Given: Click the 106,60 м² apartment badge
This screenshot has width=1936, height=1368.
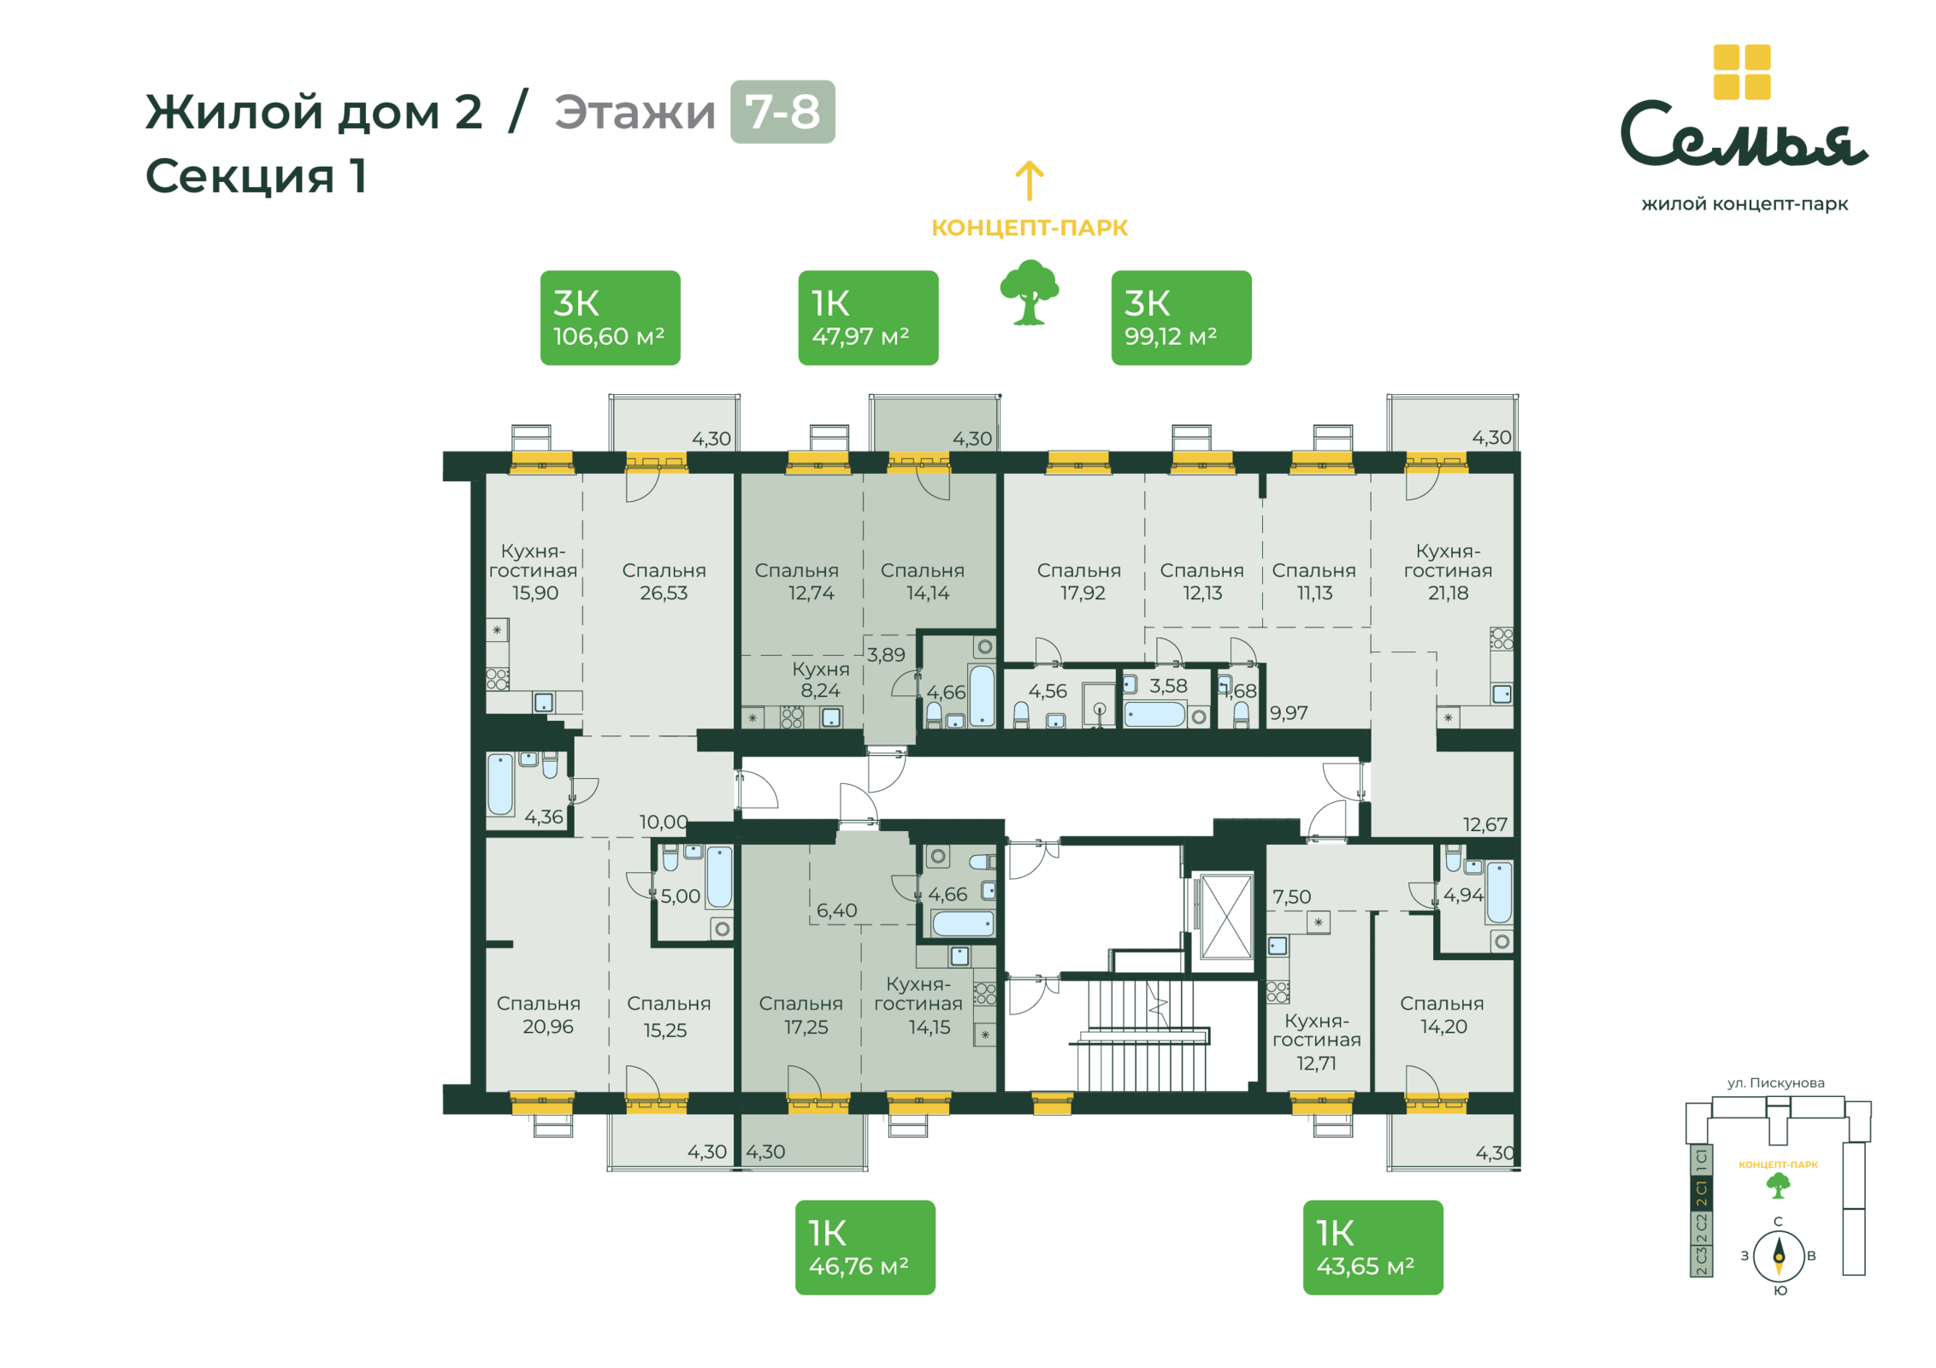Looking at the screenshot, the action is (610, 318).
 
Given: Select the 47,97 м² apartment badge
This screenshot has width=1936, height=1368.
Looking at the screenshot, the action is (868, 318).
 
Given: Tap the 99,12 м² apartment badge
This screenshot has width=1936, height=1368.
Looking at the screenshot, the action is (1181, 318).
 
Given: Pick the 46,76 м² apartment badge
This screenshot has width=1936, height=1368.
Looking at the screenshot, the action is (865, 1247).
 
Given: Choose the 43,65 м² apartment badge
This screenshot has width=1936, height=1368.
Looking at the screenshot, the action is (1372, 1247).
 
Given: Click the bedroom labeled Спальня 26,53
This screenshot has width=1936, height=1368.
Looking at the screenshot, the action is (664, 581).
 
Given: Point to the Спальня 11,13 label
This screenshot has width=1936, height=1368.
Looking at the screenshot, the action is (1313, 581).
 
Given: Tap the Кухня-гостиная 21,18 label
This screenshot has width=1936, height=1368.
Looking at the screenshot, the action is (1448, 571).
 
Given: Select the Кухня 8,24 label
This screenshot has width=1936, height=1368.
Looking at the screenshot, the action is (820, 679).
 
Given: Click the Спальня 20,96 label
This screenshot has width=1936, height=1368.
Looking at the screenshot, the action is (539, 1015).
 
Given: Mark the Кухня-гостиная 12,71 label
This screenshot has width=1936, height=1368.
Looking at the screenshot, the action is (1316, 1042).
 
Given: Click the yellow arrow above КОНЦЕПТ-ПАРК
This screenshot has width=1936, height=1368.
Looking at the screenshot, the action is (1030, 180).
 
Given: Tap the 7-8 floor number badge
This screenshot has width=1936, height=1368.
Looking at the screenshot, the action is (782, 112).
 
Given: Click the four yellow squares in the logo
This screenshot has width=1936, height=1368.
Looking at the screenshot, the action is (1742, 72).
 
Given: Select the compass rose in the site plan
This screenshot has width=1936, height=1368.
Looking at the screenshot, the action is (1779, 1256).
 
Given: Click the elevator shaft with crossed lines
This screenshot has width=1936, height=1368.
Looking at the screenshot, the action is (1227, 917).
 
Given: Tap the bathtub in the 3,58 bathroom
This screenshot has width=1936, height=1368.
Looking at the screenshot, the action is (1154, 714).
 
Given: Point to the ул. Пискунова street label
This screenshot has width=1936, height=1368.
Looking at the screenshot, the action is (1776, 1082).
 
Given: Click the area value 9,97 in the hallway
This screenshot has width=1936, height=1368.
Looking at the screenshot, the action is (1289, 713).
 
